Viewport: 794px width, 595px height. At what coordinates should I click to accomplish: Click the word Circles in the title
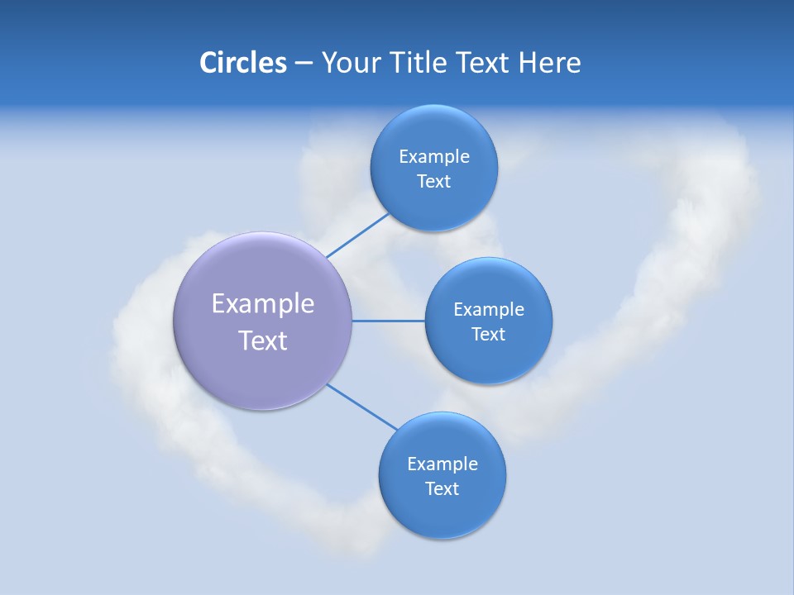pyautogui.click(x=242, y=63)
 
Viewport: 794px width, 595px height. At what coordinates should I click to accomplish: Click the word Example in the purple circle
pyautogui.click(x=263, y=304)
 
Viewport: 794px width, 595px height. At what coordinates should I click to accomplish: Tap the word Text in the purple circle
pyautogui.click(x=263, y=340)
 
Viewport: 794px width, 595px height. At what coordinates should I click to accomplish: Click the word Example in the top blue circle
pyautogui.click(x=434, y=157)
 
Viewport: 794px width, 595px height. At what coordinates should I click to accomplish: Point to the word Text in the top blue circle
pyautogui.click(x=433, y=182)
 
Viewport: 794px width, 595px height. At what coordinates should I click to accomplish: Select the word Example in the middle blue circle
pyautogui.click(x=489, y=310)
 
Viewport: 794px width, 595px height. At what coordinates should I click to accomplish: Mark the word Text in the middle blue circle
pyautogui.click(x=488, y=335)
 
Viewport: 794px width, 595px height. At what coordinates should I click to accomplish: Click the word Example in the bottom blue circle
pyautogui.click(x=442, y=464)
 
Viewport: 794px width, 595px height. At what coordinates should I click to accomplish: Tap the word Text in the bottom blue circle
pyautogui.click(x=442, y=489)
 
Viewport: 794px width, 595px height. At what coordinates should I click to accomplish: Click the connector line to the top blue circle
pyautogui.click(x=357, y=236)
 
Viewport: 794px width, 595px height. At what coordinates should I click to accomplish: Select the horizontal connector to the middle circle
pyautogui.click(x=389, y=321)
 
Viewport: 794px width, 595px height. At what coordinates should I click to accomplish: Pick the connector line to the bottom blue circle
pyautogui.click(x=362, y=407)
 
